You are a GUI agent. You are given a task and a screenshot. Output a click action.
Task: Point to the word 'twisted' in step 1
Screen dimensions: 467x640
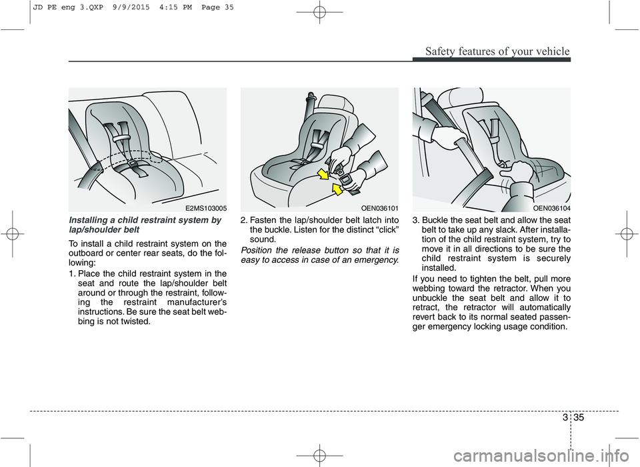click(140, 322)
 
